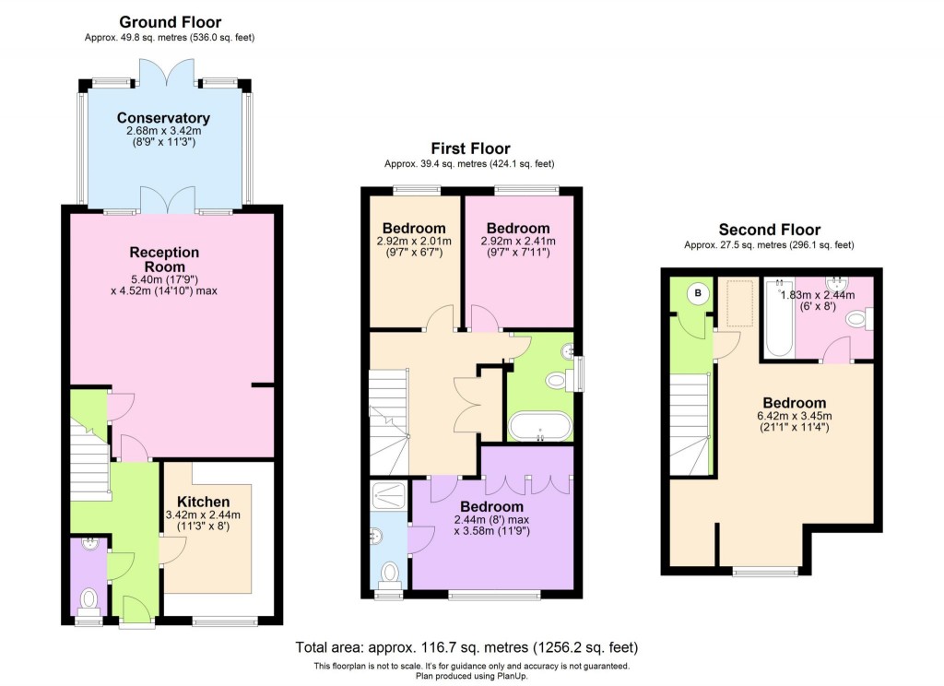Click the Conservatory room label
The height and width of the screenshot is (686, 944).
[x=163, y=118]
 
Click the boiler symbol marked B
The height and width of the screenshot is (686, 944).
[x=698, y=295]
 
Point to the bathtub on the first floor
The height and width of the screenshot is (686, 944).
[x=540, y=429]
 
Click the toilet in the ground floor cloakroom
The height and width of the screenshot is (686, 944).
[x=89, y=600]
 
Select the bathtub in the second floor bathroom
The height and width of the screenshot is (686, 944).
[x=780, y=319]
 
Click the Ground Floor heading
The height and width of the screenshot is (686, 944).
[x=171, y=22]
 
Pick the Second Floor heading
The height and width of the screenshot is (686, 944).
[x=769, y=230]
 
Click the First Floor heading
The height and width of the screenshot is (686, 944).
[x=470, y=148]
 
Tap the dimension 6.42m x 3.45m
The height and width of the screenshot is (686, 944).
[x=794, y=416]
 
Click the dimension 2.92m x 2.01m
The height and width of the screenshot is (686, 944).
[x=414, y=242]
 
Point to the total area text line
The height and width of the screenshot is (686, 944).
[x=466, y=647]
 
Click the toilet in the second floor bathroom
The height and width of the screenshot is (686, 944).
[x=855, y=320]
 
